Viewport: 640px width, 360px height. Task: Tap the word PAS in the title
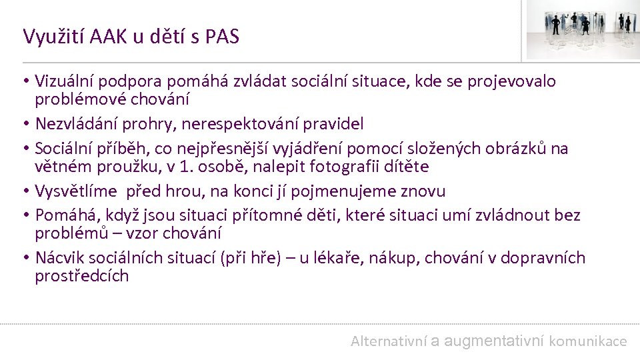point(222,36)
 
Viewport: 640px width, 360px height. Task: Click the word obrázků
point(515,149)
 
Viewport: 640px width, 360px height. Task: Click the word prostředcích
point(81,276)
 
